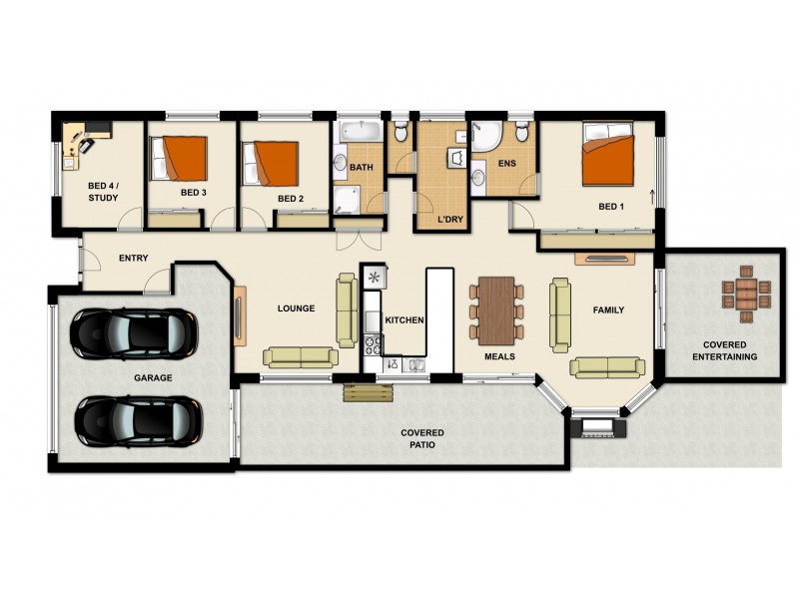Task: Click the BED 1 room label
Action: tap(610, 208)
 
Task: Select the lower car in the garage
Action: tap(138, 420)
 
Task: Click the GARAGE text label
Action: tap(153, 378)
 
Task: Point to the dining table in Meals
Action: tap(495, 310)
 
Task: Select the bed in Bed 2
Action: tap(272, 162)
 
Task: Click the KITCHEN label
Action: tap(405, 320)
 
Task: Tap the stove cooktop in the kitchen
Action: tap(374, 345)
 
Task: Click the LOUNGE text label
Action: tap(296, 308)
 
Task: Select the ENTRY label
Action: tap(133, 259)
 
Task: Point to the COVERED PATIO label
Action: tap(422, 438)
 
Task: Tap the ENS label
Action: tap(506, 162)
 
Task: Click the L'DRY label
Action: tap(449, 219)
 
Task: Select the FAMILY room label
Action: tap(608, 310)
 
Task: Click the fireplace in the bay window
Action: tap(596, 428)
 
